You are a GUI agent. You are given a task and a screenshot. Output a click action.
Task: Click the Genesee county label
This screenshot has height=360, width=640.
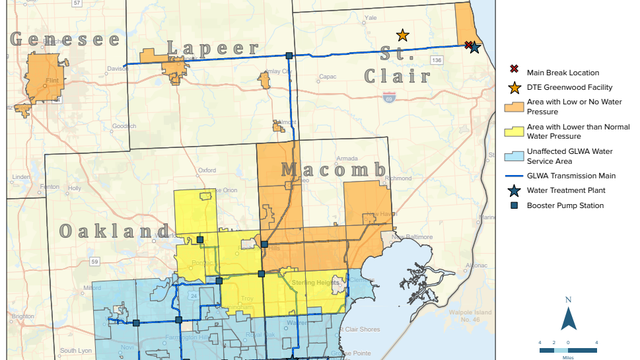coord(65,40)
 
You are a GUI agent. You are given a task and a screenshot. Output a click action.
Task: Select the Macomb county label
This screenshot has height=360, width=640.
coord(332,170)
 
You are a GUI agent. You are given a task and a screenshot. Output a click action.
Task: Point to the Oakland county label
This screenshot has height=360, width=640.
coord(112,231)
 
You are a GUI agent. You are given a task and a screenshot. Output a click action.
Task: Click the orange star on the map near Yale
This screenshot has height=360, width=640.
coord(402,35)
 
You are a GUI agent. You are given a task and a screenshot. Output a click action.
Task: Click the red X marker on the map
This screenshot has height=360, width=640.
coord(468,44)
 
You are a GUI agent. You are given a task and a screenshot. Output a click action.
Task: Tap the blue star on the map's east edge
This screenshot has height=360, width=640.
coord(475,47)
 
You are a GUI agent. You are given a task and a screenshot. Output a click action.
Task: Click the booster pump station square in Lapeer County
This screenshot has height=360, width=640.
coord(289,55)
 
